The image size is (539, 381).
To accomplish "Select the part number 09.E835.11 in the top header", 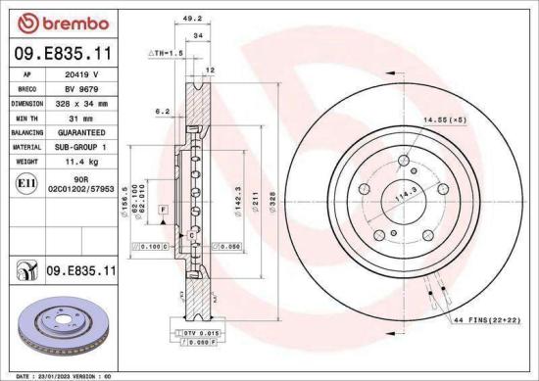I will click(x=61, y=51).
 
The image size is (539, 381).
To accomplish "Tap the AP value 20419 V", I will click(x=83, y=73).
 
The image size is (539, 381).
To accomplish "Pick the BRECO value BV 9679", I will click(x=83, y=87).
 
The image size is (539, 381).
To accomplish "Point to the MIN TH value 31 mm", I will click(x=83, y=116).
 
